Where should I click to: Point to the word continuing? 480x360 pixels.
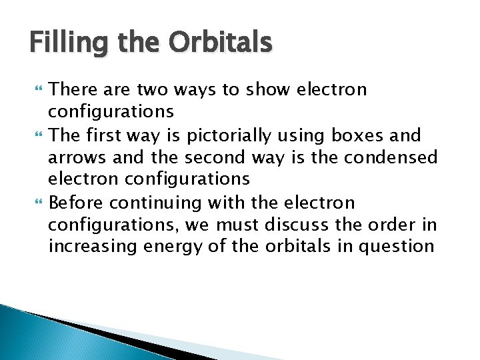151,203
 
